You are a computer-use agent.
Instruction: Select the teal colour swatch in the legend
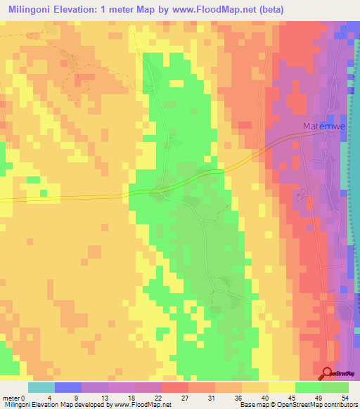41,387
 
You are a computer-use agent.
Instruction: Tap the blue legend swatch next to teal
68,387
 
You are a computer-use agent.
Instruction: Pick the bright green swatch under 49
309,387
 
